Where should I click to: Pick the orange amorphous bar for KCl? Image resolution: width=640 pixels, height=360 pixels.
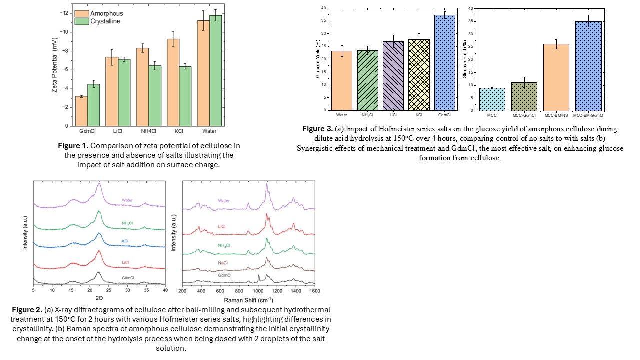173,82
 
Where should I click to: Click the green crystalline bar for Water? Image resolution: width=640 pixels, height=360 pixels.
215,70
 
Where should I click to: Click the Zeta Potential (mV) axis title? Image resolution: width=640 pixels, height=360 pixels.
54,67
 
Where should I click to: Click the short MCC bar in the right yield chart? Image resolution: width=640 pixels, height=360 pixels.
492,99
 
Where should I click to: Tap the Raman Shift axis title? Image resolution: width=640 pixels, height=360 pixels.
248,300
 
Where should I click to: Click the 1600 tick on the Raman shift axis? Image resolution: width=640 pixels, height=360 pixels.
314,290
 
